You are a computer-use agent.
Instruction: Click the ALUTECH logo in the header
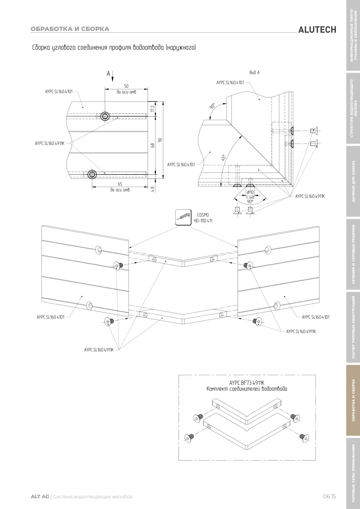[317, 30]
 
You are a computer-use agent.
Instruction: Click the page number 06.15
[329, 496]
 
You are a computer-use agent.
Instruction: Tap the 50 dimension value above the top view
[126, 86]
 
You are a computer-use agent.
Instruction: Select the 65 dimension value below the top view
[120, 184]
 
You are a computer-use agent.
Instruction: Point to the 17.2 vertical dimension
[153, 109]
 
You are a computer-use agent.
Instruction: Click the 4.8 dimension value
[153, 189]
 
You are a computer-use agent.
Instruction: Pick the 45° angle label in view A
[224, 158]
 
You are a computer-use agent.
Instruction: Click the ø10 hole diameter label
[250, 192]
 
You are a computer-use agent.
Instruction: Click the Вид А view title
[255, 73]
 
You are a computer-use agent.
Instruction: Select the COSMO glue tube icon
[183, 218]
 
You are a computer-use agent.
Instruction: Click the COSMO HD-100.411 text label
[203, 218]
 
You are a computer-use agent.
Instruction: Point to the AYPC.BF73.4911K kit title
[247, 383]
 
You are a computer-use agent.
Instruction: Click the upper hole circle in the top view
[105, 116]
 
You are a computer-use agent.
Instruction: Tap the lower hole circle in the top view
[92, 174]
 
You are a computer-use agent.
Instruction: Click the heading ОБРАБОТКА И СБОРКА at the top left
[70, 29]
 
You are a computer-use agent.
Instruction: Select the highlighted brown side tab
[353, 400]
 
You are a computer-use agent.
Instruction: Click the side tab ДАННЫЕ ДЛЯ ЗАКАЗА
[353, 181]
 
